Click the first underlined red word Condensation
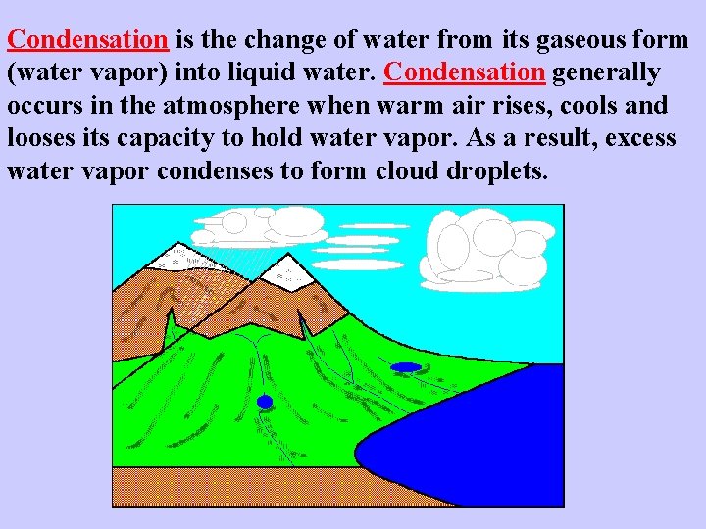click(88, 40)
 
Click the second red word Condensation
click(466, 72)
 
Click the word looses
click(41, 137)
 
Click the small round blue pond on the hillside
click(264, 402)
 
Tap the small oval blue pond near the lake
click(405, 367)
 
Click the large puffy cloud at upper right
click(480, 249)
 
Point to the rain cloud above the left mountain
click(265, 224)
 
